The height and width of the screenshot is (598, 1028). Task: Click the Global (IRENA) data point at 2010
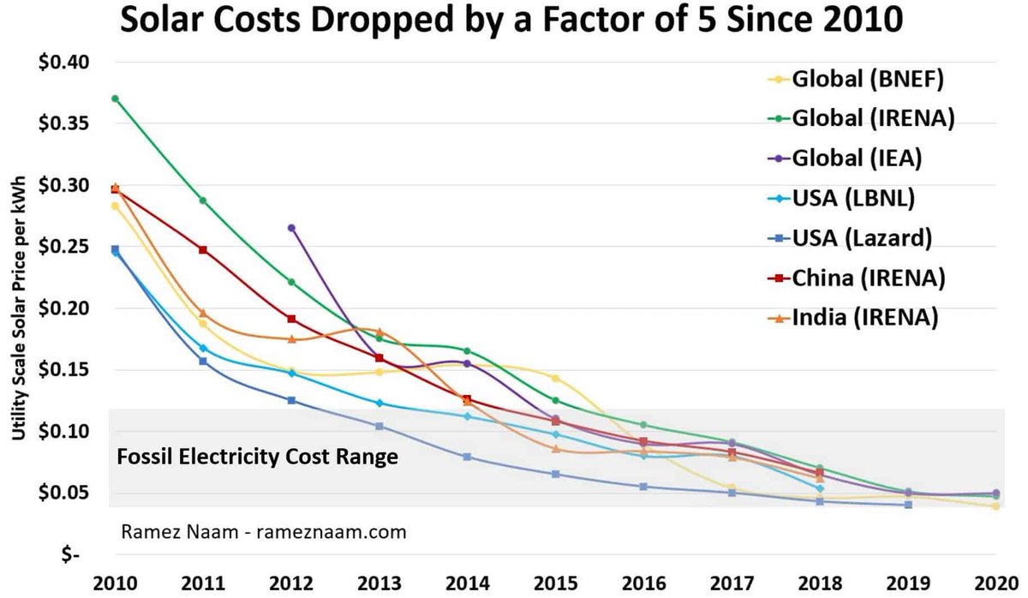115,99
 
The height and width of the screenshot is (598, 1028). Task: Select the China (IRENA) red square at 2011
203,249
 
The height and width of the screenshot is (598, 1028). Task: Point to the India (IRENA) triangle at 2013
380,332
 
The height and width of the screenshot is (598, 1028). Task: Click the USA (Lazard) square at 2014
467,457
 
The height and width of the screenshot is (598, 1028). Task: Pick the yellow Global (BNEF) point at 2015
555,378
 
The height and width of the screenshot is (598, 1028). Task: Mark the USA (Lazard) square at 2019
908,505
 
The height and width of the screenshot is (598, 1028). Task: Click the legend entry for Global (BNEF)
865,79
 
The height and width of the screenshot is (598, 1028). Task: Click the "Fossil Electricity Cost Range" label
256,457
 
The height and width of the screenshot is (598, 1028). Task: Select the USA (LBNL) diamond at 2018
820,489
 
